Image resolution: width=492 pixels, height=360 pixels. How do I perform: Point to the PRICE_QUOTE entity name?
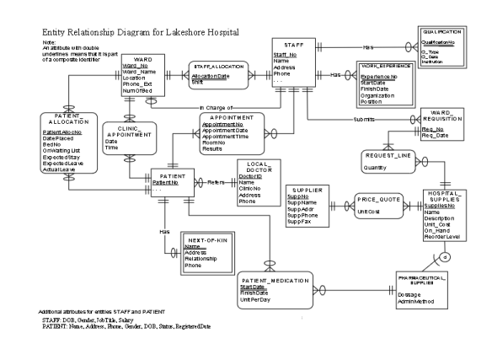[377, 200]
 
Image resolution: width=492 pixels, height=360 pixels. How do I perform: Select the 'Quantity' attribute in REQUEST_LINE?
[374, 168]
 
